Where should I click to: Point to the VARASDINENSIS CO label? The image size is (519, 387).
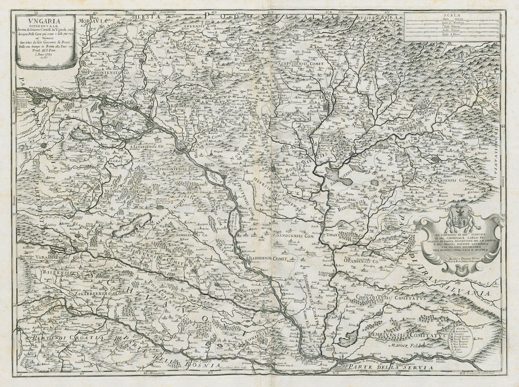(x=54, y=256)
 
